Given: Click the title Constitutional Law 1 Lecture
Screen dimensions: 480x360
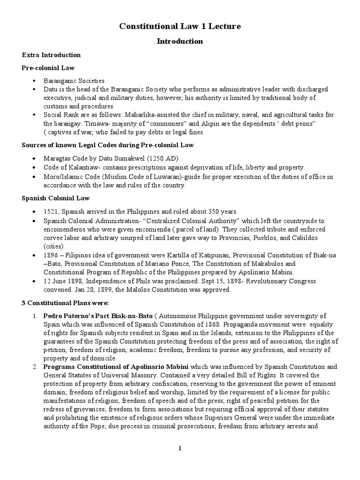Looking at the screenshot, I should click(x=180, y=27).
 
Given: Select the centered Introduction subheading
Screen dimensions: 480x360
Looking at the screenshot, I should click(x=180, y=41).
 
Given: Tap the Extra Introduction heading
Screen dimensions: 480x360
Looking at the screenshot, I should click(x=51, y=55).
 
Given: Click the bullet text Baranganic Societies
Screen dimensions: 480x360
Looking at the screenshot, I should click(x=74, y=81).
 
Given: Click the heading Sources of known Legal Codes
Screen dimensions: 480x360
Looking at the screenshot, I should click(x=107, y=145).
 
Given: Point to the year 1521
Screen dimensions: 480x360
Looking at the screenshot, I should click(x=51, y=211).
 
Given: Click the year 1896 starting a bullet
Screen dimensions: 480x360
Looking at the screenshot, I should click(x=51, y=255).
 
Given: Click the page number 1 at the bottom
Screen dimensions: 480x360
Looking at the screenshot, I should click(x=180, y=448).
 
